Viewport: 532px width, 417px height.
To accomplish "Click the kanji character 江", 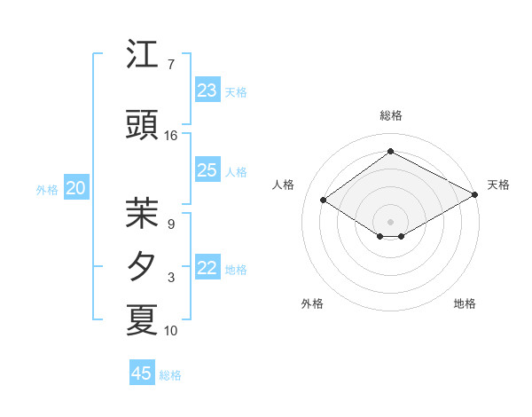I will click(142, 55).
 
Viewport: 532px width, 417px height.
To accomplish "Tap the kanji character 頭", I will click(142, 126).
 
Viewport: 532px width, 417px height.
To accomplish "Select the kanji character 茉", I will click(142, 212).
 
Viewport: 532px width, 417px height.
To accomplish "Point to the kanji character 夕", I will click(142, 267).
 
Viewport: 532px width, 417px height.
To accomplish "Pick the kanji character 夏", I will click(142, 319).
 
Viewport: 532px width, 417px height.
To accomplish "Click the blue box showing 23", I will click(207, 90).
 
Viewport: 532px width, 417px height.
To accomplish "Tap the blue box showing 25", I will click(207, 170).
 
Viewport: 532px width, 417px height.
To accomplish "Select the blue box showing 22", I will click(207, 269).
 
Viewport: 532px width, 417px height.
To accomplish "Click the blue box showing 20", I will click(76, 188).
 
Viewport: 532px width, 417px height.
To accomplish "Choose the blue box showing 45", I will click(142, 374).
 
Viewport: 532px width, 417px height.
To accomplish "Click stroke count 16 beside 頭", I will click(171, 136).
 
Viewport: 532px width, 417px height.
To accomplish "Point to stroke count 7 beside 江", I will click(171, 65).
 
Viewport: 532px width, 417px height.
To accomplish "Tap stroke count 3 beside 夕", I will click(171, 278).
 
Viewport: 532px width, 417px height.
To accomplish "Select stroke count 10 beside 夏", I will click(171, 331).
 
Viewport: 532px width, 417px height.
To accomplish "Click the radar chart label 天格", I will click(498, 185).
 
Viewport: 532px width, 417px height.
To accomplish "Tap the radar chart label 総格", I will click(390, 115).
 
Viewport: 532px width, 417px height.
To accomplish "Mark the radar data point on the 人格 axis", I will click(324, 201).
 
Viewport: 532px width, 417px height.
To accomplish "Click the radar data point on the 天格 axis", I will click(475, 196).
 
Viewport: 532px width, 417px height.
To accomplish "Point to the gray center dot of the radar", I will click(390, 220).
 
